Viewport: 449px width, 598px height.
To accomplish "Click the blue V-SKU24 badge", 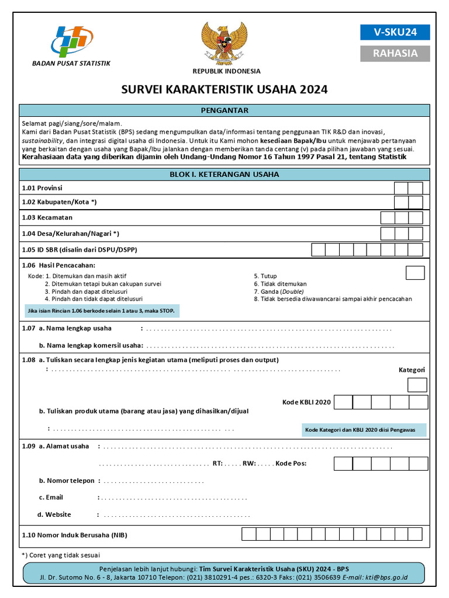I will pyautogui.click(x=395, y=32).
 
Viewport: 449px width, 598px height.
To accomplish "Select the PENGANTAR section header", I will pyautogui.click(x=224, y=110).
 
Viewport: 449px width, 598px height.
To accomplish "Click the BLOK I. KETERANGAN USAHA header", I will pyautogui.click(x=224, y=174).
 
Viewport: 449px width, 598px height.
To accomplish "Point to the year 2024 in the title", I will pyautogui.click(x=314, y=89).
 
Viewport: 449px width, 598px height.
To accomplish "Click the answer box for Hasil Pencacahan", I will pyautogui.click(x=415, y=273).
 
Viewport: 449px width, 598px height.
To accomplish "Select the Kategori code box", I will pyautogui.click(x=417, y=385).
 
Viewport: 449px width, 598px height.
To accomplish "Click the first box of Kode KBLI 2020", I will pyautogui.click(x=343, y=402).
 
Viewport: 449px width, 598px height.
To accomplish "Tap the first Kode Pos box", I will pyautogui.click(x=343, y=464).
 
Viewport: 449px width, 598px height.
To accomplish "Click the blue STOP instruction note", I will pyautogui.click(x=101, y=310).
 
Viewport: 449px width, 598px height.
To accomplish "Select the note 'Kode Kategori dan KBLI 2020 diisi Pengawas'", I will pyautogui.click(x=360, y=430).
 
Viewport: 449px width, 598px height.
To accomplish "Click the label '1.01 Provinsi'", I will pyautogui.click(x=42, y=188).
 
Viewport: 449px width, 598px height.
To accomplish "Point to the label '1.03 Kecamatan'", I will pyautogui.click(x=47, y=217).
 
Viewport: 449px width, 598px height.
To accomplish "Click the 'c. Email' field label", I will pyautogui.click(x=51, y=498).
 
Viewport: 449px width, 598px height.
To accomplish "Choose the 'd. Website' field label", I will pyautogui.click(x=54, y=514).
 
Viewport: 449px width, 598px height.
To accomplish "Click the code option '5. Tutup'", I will pyautogui.click(x=265, y=276).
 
